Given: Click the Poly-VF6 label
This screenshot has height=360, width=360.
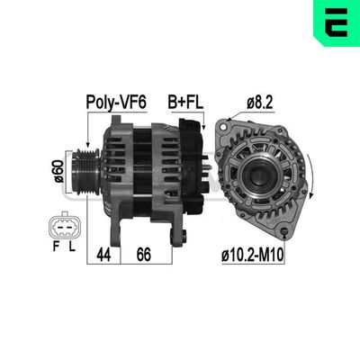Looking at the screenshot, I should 115,102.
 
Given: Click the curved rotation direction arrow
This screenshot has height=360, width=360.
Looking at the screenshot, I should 310,171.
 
